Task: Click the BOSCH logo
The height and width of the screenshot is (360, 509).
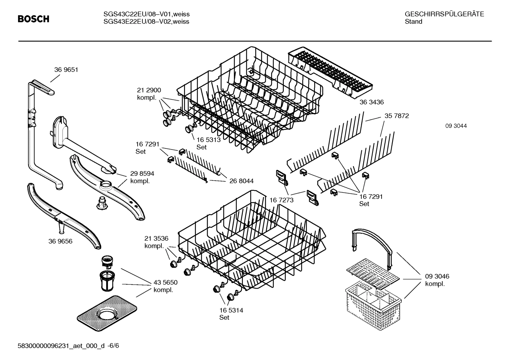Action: (x=34, y=19)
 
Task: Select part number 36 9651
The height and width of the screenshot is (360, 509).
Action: (x=66, y=70)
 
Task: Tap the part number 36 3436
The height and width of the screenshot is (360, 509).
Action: (x=371, y=102)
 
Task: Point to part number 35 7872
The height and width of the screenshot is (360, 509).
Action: (x=396, y=116)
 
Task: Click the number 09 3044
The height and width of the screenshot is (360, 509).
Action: (x=456, y=126)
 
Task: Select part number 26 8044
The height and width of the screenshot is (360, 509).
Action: (x=241, y=181)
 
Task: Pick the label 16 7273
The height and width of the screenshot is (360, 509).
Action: (x=282, y=200)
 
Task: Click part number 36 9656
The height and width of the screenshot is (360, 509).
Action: (x=60, y=241)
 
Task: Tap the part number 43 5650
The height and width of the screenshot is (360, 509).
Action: (x=165, y=283)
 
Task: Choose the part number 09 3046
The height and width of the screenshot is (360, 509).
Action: (x=437, y=276)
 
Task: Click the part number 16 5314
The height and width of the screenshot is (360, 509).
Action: (x=231, y=310)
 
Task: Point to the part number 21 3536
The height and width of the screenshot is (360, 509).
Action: (x=156, y=238)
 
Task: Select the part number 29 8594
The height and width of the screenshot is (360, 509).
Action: (x=142, y=174)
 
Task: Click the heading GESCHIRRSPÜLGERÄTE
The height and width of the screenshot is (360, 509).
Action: (x=444, y=14)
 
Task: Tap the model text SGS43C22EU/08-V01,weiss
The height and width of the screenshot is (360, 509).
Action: (x=146, y=14)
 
